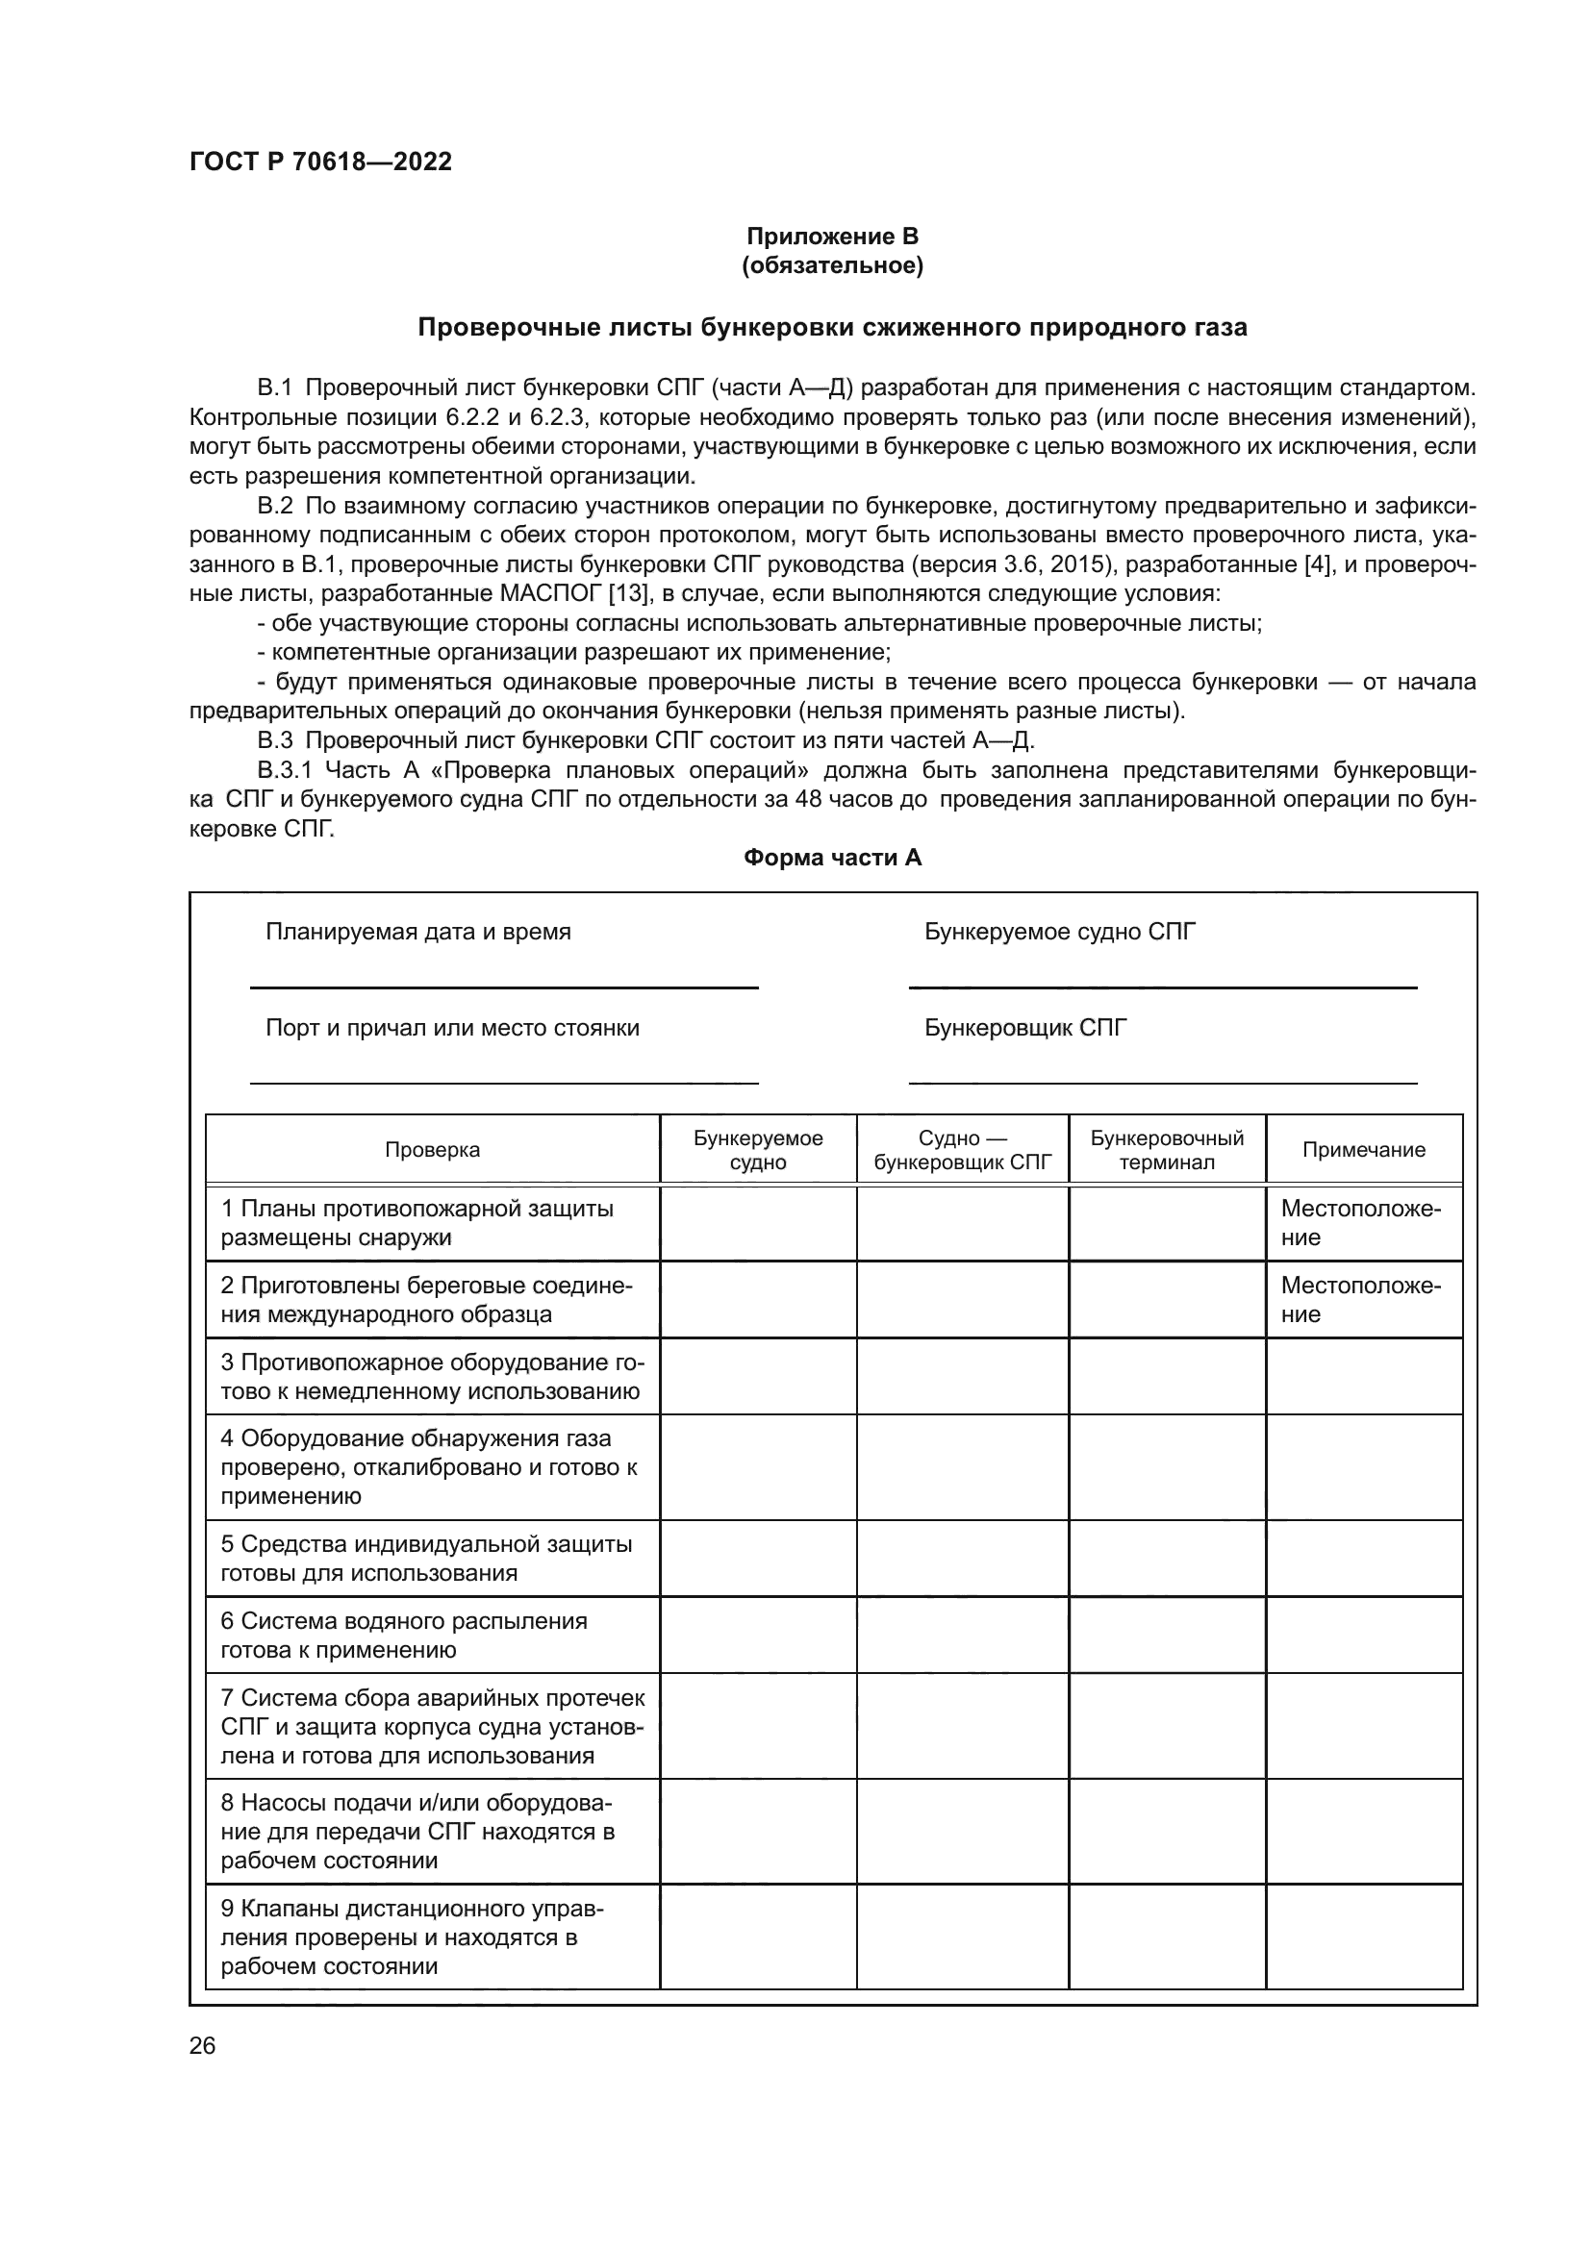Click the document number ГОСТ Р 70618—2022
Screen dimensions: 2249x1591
pos(320,162)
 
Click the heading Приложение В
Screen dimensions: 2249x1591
pos(832,237)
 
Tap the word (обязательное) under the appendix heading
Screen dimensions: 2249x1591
pos(832,265)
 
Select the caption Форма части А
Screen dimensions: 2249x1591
pos(832,857)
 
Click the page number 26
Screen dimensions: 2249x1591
pos(202,2045)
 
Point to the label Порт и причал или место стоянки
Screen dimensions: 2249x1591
pos(452,1028)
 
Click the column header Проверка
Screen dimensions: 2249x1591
pos(432,1149)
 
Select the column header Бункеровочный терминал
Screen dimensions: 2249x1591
pos(1167,1150)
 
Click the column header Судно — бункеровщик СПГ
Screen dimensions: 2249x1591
pos(962,1150)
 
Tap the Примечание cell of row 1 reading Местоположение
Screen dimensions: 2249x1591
pos(1360,1222)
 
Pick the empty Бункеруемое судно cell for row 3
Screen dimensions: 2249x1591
pos(758,1376)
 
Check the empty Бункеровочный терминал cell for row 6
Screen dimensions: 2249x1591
pos(1167,1635)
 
